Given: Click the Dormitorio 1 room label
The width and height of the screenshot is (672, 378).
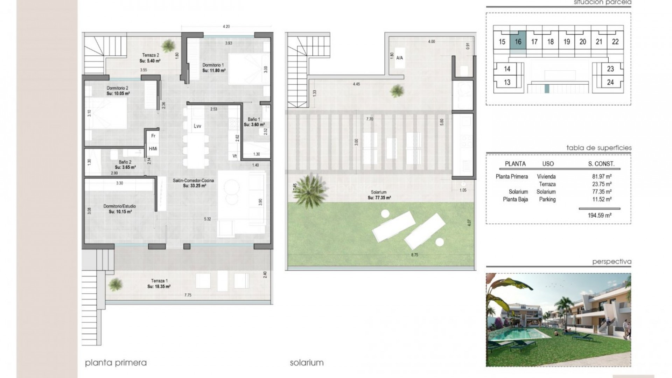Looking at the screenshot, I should point(213,65).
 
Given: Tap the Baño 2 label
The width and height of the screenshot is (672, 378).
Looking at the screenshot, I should point(125,162).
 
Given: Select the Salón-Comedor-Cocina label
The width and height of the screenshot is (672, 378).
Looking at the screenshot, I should point(193,181).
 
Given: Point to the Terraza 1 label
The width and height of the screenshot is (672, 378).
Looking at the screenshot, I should point(159,281).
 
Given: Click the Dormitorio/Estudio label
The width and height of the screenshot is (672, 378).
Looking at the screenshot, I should point(120,206).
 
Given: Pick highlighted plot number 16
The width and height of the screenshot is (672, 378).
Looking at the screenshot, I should point(518,42).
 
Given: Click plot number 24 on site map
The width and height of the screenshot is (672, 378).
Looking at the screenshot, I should point(610,82).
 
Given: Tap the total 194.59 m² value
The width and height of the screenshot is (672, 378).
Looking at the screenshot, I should point(600,216).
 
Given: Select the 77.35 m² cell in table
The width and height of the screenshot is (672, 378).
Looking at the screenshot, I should point(602,192).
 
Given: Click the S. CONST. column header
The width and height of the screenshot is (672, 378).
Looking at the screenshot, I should point(601,164).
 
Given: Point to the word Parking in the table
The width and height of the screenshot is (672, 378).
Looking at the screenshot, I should point(547,199).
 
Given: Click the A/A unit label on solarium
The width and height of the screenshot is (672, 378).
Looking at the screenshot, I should point(399,58).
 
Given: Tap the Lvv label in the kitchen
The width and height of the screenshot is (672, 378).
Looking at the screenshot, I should point(197,126).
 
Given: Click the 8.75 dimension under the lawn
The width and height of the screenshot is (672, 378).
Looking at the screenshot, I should point(414,255).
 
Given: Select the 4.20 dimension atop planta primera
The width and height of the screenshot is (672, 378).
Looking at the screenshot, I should point(226,27).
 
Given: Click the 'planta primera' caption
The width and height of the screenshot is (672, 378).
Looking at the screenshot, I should point(116,363).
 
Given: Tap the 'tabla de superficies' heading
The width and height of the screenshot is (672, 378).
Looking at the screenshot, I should point(599,148).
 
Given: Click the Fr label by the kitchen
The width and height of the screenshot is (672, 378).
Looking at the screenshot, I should point(153,136).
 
